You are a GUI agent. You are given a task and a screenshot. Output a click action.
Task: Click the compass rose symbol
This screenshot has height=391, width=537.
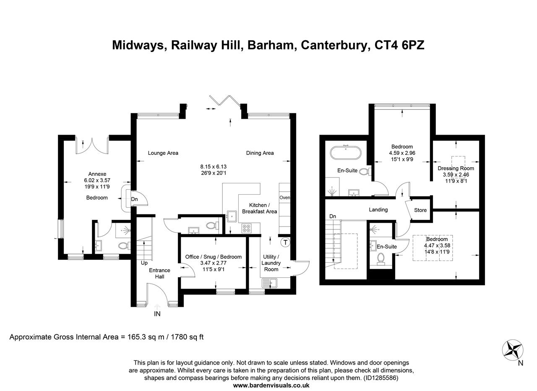coord(512,350)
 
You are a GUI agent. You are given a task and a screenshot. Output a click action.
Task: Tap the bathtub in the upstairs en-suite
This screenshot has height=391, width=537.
coord(345,153)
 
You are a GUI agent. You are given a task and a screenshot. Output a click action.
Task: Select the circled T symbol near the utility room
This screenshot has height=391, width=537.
coord(285,242)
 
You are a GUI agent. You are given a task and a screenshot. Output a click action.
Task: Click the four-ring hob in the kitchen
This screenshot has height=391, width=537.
coord(247,229)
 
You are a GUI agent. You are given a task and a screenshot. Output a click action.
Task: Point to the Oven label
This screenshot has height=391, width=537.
coord(284,197)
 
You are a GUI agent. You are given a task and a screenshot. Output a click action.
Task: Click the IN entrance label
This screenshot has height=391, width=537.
coord(157,314)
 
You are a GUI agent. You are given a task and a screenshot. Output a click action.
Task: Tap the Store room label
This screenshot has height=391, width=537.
coord(420,210)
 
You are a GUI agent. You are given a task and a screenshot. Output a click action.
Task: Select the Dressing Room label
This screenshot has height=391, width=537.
coord(456,168)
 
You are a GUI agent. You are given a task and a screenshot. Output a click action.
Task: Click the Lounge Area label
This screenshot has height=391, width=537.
coord(163,153)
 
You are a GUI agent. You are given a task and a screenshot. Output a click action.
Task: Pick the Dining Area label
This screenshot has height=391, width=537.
coord(260,153)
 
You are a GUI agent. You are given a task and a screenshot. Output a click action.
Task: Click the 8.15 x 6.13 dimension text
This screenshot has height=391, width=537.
coord(213,167)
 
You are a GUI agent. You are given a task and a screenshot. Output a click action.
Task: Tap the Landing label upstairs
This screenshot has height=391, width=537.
coord(378,209)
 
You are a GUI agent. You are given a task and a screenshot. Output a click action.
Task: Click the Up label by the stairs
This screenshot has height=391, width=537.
coord(144,263)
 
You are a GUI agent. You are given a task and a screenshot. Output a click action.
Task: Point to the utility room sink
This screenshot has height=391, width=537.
coord(268,284)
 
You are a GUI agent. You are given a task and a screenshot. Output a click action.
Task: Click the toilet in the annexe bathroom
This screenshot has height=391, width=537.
coord(123,245)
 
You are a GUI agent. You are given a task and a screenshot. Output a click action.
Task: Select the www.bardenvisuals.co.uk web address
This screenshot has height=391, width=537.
coord(271,385)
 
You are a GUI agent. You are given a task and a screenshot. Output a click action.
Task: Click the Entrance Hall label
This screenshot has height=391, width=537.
coord(159,273)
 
